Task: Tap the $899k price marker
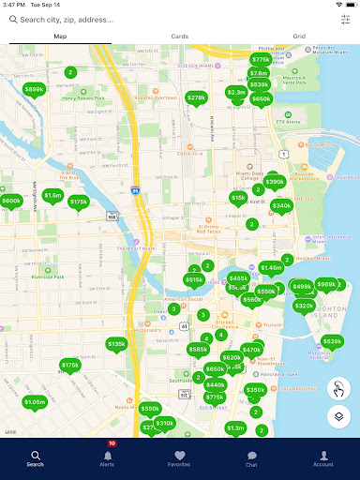tap(34, 90)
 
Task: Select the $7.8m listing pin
tap(259, 73)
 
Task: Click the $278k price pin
tap(196, 97)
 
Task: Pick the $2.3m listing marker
tap(236, 93)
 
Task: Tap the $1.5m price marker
tap(52, 196)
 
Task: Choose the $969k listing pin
tap(326, 285)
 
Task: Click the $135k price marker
tap(116, 345)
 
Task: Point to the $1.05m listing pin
tap(35, 402)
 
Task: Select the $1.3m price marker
tap(235, 428)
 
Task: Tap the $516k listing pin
tap(194, 280)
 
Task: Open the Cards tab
tap(180, 37)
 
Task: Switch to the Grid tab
tap(299, 37)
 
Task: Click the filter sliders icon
tap(344, 19)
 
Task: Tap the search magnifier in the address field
tap(13, 19)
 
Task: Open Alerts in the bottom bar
tap(108, 458)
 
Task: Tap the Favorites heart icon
tap(180, 458)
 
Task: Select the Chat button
tap(251, 458)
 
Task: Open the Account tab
tap(323, 458)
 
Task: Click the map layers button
tap(339, 416)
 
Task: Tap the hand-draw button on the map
tap(339, 388)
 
